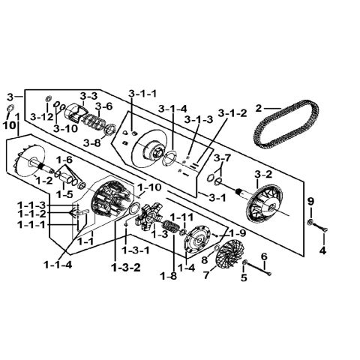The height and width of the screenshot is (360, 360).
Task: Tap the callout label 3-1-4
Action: pos(172,109)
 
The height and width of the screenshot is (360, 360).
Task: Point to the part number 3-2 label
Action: pos(263,174)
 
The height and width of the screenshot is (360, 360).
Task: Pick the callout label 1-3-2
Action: pos(126,268)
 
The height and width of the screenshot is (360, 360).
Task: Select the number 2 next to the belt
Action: pos(259,109)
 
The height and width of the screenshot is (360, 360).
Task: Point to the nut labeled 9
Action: pos(310,221)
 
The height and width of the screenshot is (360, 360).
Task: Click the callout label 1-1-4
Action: pos(58,265)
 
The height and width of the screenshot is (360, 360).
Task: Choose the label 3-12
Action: pos(42,117)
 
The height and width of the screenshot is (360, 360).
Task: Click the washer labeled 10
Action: pos(10,109)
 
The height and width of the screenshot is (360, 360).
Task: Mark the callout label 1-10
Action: pos(149,187)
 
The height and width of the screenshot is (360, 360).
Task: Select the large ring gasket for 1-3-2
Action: pos(134,208)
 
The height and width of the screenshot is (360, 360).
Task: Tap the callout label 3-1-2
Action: pos(232,113)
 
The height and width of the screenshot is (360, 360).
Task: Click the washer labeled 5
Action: pos(245,262)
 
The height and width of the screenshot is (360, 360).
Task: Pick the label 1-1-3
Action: pos(31,205)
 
